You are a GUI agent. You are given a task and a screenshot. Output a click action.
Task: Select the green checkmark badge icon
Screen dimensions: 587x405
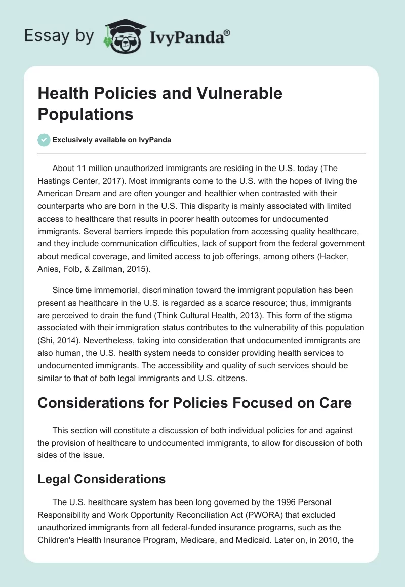click(x=44, y=140)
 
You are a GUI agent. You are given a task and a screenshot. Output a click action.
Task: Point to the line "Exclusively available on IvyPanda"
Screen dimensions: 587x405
click(x=112, y=140)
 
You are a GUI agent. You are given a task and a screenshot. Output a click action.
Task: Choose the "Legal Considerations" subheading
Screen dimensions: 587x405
click(x=102, y=478)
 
